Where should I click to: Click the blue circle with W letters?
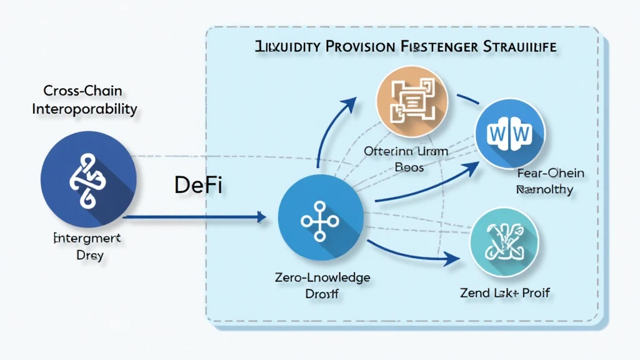(511, 134)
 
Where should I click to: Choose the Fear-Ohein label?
(550, 173)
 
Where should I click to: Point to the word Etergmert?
(88, 239)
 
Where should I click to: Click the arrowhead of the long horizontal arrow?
(262, 217)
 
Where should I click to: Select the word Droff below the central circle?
(323, 293)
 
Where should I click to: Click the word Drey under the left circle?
(88, 255)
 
